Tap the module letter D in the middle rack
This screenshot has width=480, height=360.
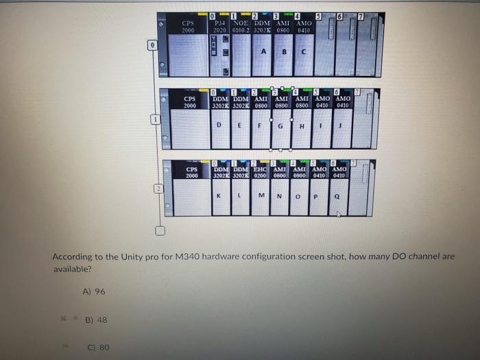tap(219, 125)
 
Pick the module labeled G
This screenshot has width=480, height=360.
tap(280, 126)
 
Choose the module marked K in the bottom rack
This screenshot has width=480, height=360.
tap(219, 196)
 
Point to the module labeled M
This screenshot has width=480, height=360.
tap(261, 196)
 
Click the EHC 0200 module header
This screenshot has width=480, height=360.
tap(260, 172)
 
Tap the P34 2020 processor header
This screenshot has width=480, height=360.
tap(219, 27)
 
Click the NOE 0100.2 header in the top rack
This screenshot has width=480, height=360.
tap(241, 27)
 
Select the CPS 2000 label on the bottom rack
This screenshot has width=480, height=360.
tap(191, 172)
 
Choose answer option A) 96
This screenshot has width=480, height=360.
tap(94, 291)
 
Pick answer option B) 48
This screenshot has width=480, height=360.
tap(95, 320)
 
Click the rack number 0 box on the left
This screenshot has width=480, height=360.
tap(152, 45)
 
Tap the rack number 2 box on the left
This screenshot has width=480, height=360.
tap(157, 189)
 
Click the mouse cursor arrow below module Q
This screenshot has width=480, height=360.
tap(338, 214)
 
